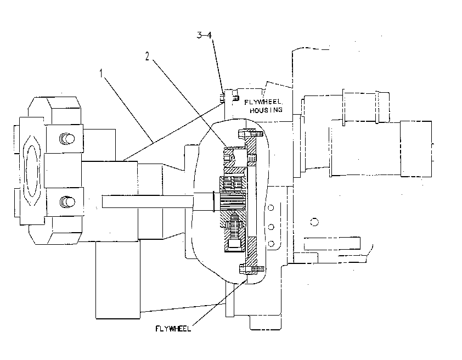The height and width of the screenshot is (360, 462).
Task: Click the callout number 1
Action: tap(101, 74)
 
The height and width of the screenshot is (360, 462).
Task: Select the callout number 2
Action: tap(147, 57)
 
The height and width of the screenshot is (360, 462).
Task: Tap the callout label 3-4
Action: tap(204, 35)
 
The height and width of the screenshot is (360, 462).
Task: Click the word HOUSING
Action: tap(266, 110)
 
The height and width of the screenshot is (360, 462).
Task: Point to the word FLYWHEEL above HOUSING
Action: tap(263, 102)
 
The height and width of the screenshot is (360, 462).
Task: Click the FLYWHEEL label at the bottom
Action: tap(173, 329)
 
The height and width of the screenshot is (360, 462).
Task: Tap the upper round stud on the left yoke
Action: tap(67, 138)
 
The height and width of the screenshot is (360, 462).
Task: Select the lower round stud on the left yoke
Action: tap(67, 202)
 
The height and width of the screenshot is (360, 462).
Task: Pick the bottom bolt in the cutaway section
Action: tap(252, 269)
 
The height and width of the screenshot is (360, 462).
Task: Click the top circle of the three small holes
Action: tap(271, 207)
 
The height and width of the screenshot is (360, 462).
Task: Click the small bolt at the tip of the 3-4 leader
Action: tap(222, 98)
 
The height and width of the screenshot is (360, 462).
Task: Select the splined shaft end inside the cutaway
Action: tap(233, 200)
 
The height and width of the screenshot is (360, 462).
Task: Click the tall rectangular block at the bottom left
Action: tap(118, 280)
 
